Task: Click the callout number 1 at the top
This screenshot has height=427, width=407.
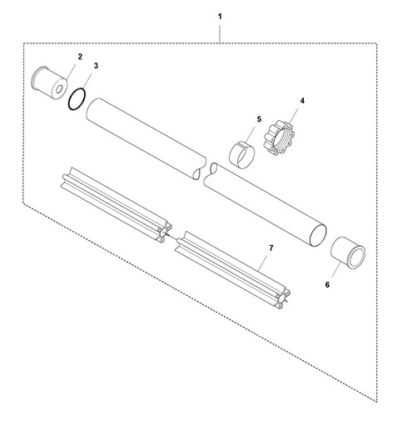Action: click(220, 17)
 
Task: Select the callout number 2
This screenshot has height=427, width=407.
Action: click(80, 57)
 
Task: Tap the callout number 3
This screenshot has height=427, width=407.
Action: click(96, 66)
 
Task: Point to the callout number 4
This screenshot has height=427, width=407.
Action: click(302, 101)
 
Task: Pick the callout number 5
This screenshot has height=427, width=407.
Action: click(259, 119)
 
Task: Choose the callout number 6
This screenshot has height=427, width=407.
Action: click(327, 284)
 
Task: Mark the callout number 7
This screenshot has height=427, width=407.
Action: click(271, 248)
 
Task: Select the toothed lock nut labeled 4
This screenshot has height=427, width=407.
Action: click(278, 137)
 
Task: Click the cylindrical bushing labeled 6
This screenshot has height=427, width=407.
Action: click(348, 253)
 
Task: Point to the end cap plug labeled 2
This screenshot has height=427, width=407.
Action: click(50, 80)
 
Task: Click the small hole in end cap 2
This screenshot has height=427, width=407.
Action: click(59, 89)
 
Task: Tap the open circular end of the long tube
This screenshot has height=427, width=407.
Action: click(318, 235)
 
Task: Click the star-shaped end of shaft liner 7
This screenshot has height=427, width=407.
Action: click(284, 299)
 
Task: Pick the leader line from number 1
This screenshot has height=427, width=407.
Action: click(220, 34)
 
